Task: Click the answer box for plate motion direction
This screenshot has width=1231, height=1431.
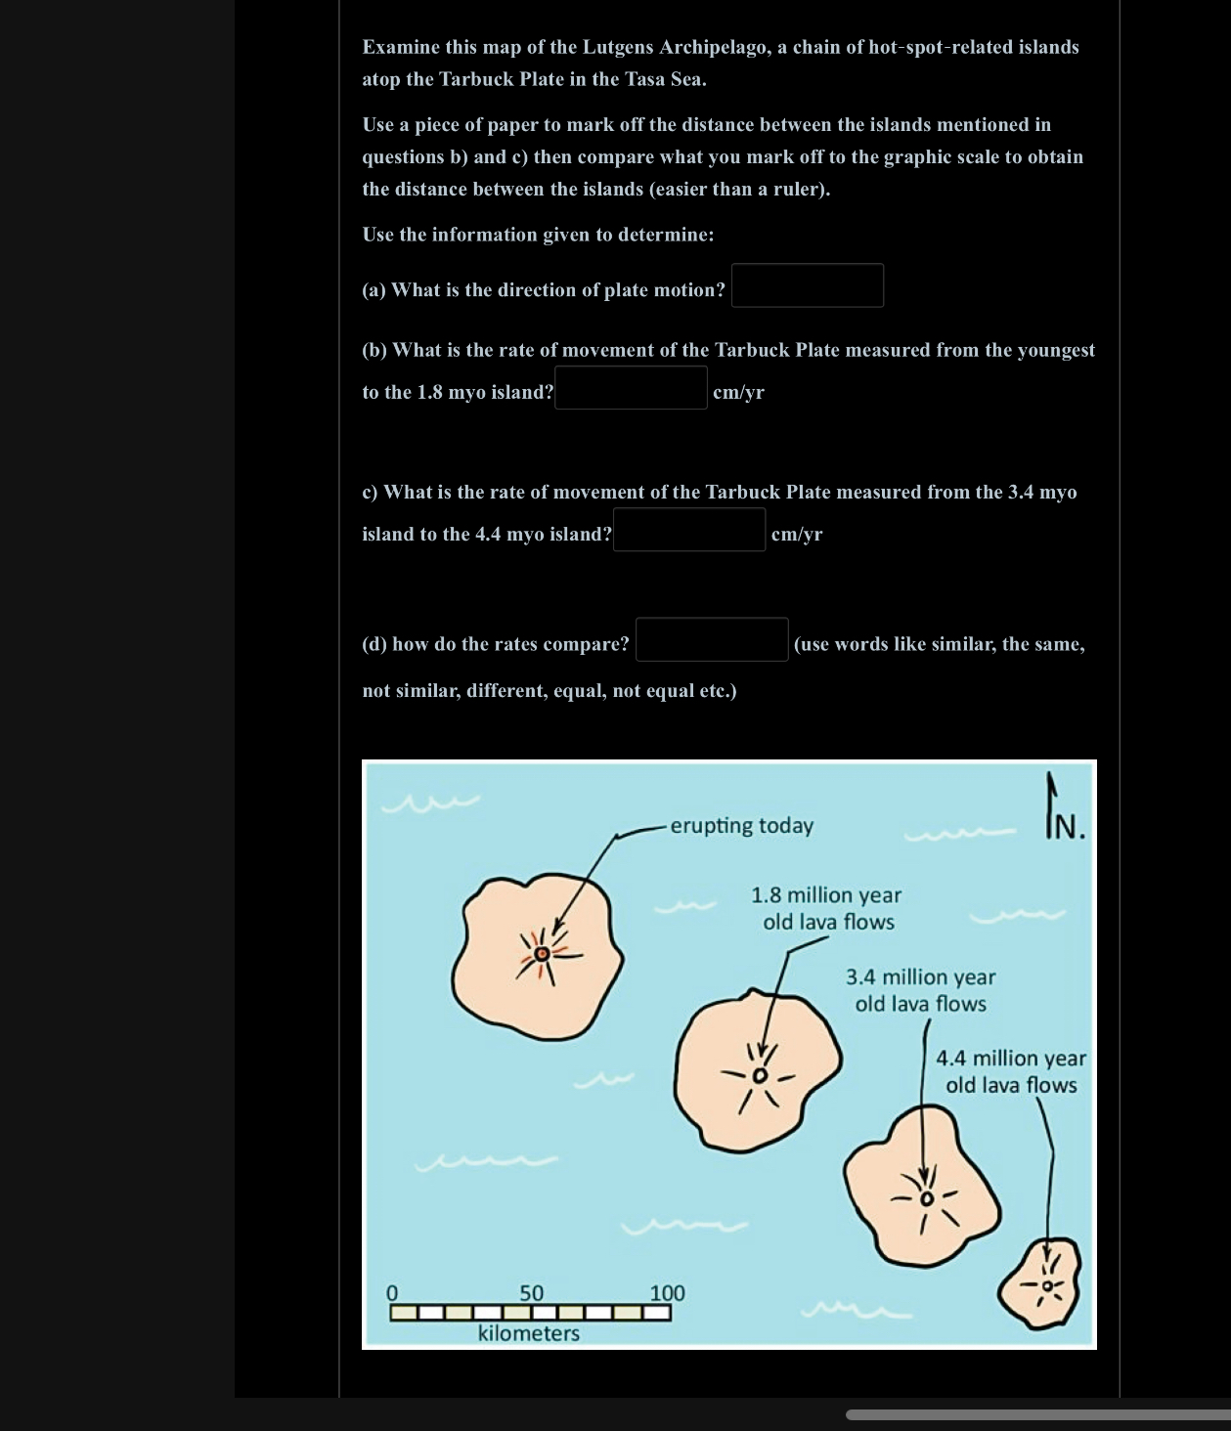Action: tap(808, 285)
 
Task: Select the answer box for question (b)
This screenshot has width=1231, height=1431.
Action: tap(631, 388)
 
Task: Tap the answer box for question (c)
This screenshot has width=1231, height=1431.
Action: tap(689, 530)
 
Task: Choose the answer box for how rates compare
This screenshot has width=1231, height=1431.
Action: tap(712, 640)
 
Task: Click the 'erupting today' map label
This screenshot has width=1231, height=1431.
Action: tap(742, 826)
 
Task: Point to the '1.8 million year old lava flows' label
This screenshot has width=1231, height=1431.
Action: tap(827, 908)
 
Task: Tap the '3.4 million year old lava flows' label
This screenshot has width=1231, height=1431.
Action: tap(921, 990)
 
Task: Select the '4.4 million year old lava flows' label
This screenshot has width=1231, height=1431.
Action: tap(1011, 1071)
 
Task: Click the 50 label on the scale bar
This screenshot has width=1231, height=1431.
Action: tap(531, 1293)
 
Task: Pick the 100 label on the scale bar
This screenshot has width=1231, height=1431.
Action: tap(668, 1293)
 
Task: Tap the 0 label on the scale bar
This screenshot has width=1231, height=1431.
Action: tap(393, 1293)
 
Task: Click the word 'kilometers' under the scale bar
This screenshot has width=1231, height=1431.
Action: tap(529, 1333)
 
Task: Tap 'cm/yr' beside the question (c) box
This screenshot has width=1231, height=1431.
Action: tap(797, 534)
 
